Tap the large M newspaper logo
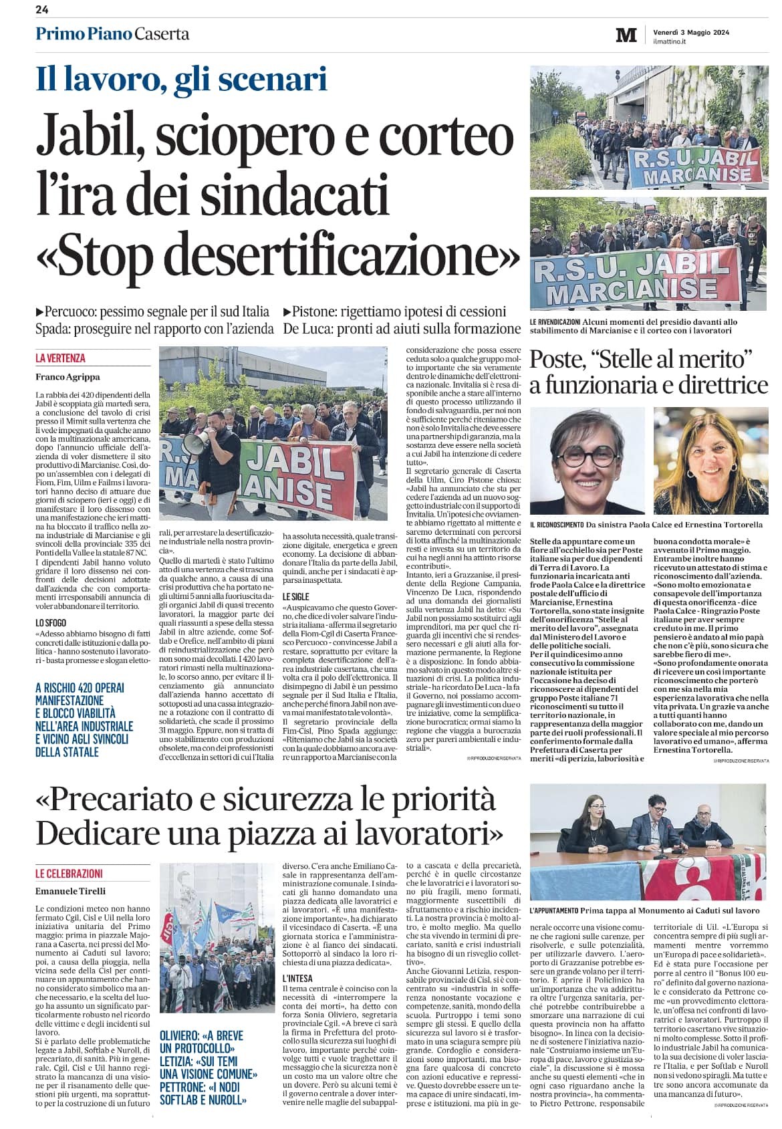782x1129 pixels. click(x=626, y=35)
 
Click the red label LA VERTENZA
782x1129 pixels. click(x=60, y=358)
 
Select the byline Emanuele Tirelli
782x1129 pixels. click(x=70, y=890)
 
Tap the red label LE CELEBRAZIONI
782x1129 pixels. click(x=70, y=873)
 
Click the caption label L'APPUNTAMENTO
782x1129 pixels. click(x=554, y=910)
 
